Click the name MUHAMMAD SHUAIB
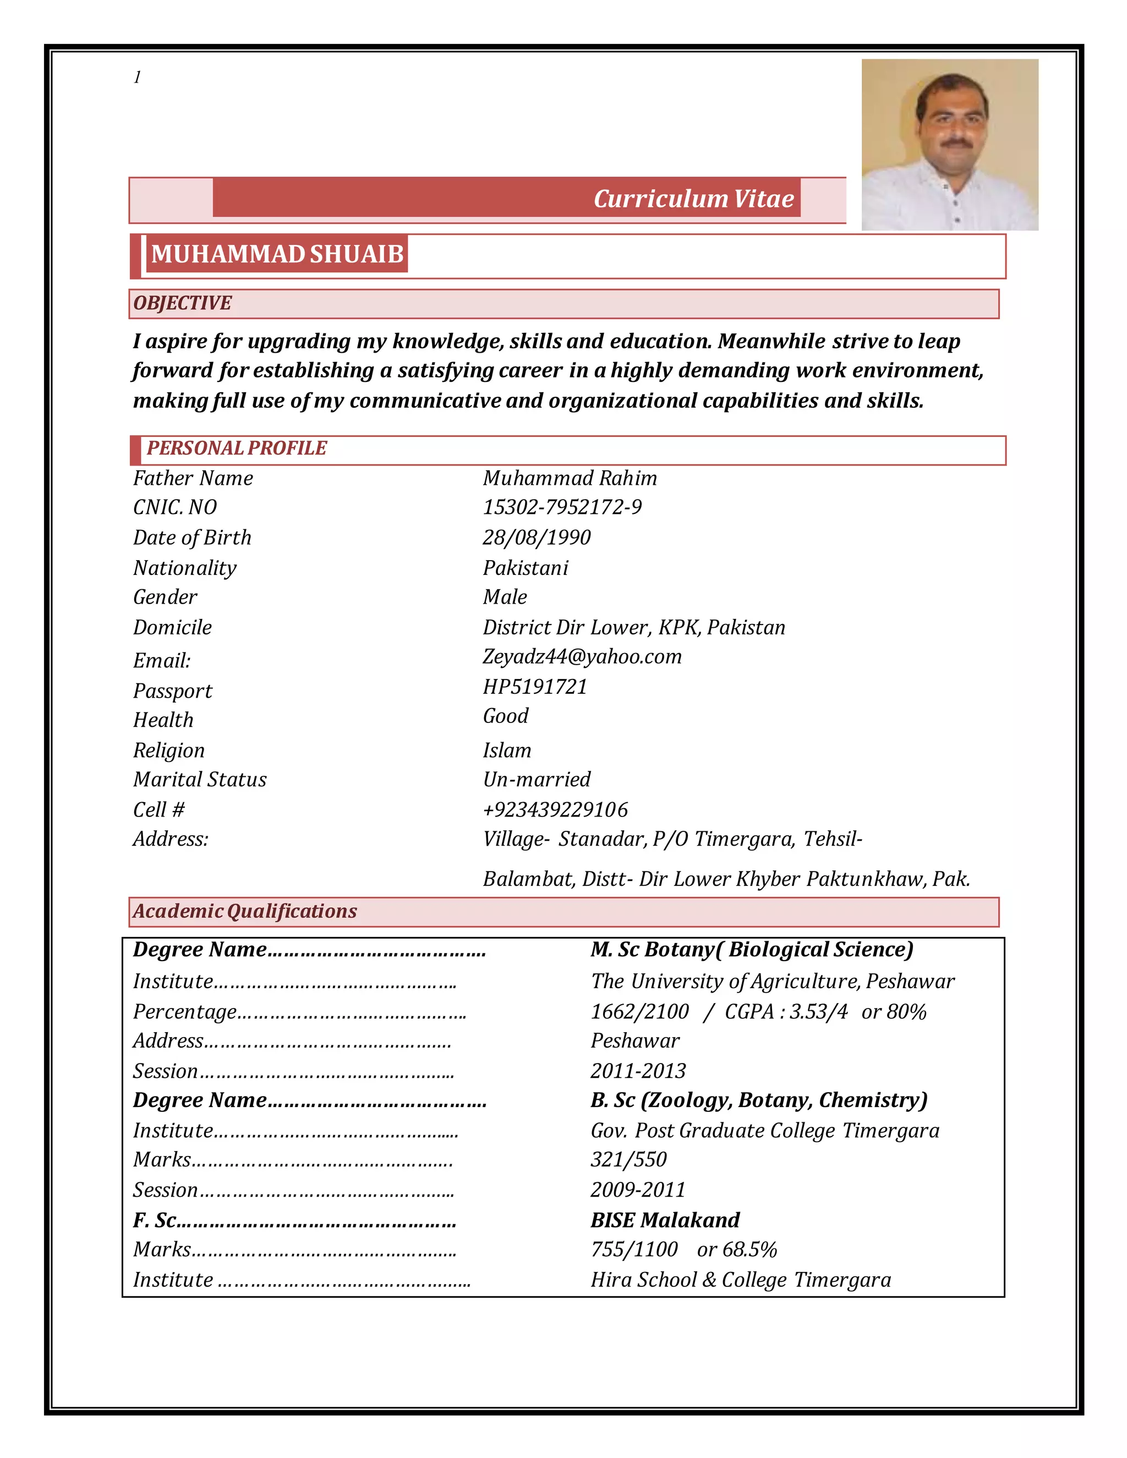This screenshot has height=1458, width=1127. click(x=277, y=254)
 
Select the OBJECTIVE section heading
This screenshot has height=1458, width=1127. click(x=182, y=303)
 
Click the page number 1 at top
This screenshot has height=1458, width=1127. click(x=137, y=78)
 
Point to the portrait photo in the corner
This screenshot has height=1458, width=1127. click(x=949, y=145)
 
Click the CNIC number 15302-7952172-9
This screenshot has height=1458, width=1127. click(x=562, y=507)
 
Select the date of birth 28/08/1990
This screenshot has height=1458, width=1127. click(x=537, y=538)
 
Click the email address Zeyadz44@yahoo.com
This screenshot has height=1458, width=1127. click(x=582, y=657)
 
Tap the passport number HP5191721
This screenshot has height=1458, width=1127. click(x=535, y=687)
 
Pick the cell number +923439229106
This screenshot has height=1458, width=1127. click(x=555, y=810)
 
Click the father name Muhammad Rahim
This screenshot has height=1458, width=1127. click(x=570, y=478)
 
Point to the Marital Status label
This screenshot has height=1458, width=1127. click(x=200, y=780)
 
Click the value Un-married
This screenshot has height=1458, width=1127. click(x=537, y=780)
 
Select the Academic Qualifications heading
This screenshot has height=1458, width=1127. click(x=244, y=911)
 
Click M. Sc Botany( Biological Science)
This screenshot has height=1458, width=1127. click(x=752, y=950)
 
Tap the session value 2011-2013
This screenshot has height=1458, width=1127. click(x=638, y=1071)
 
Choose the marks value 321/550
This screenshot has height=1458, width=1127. click(x=628, y=1160)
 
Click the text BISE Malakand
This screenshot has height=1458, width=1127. click(x=665, y=1220)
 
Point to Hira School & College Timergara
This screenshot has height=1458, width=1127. click(x=741, y=1280)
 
